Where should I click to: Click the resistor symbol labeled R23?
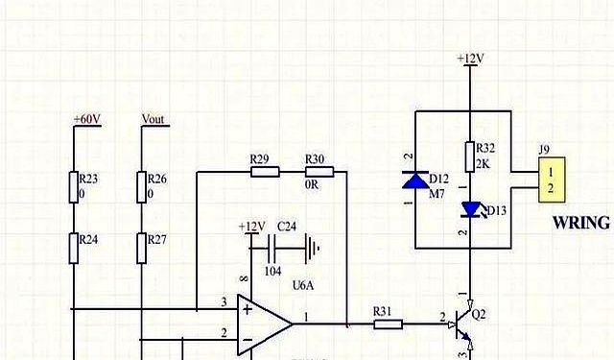pyautogui.click(x=73, y=186)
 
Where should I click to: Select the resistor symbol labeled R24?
pyautogui.click(x=73, y=248)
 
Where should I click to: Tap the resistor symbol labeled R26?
pyautogui.click(x=141, y=186)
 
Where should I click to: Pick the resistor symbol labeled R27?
pyautogui.click(x=141, y=248)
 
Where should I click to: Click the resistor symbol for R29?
pyautogui.click(x=264, y=173)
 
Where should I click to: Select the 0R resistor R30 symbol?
pyautogui.click(x=319, y=173)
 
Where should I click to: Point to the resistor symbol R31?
pyautogui.click(x=387, y=324)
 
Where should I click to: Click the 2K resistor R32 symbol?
pyautogui.click(x=470, y=156)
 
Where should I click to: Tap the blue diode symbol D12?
pyautogui.click(x=414, y=180)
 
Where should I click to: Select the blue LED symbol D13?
pyautogui.click(x=470, y=209)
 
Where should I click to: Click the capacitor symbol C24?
pyautogui.click(x=272, y=251)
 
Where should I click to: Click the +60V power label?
pyautogui.click(x=86, y=119)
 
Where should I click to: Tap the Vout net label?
pyautogui.click(x=153, y=119)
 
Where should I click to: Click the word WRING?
pyautogui.click(x=581, y=223)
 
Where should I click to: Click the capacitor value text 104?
pyautogui.click(x=272, y=272)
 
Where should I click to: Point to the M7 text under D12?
pyautogui.click(x=437, y=194)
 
